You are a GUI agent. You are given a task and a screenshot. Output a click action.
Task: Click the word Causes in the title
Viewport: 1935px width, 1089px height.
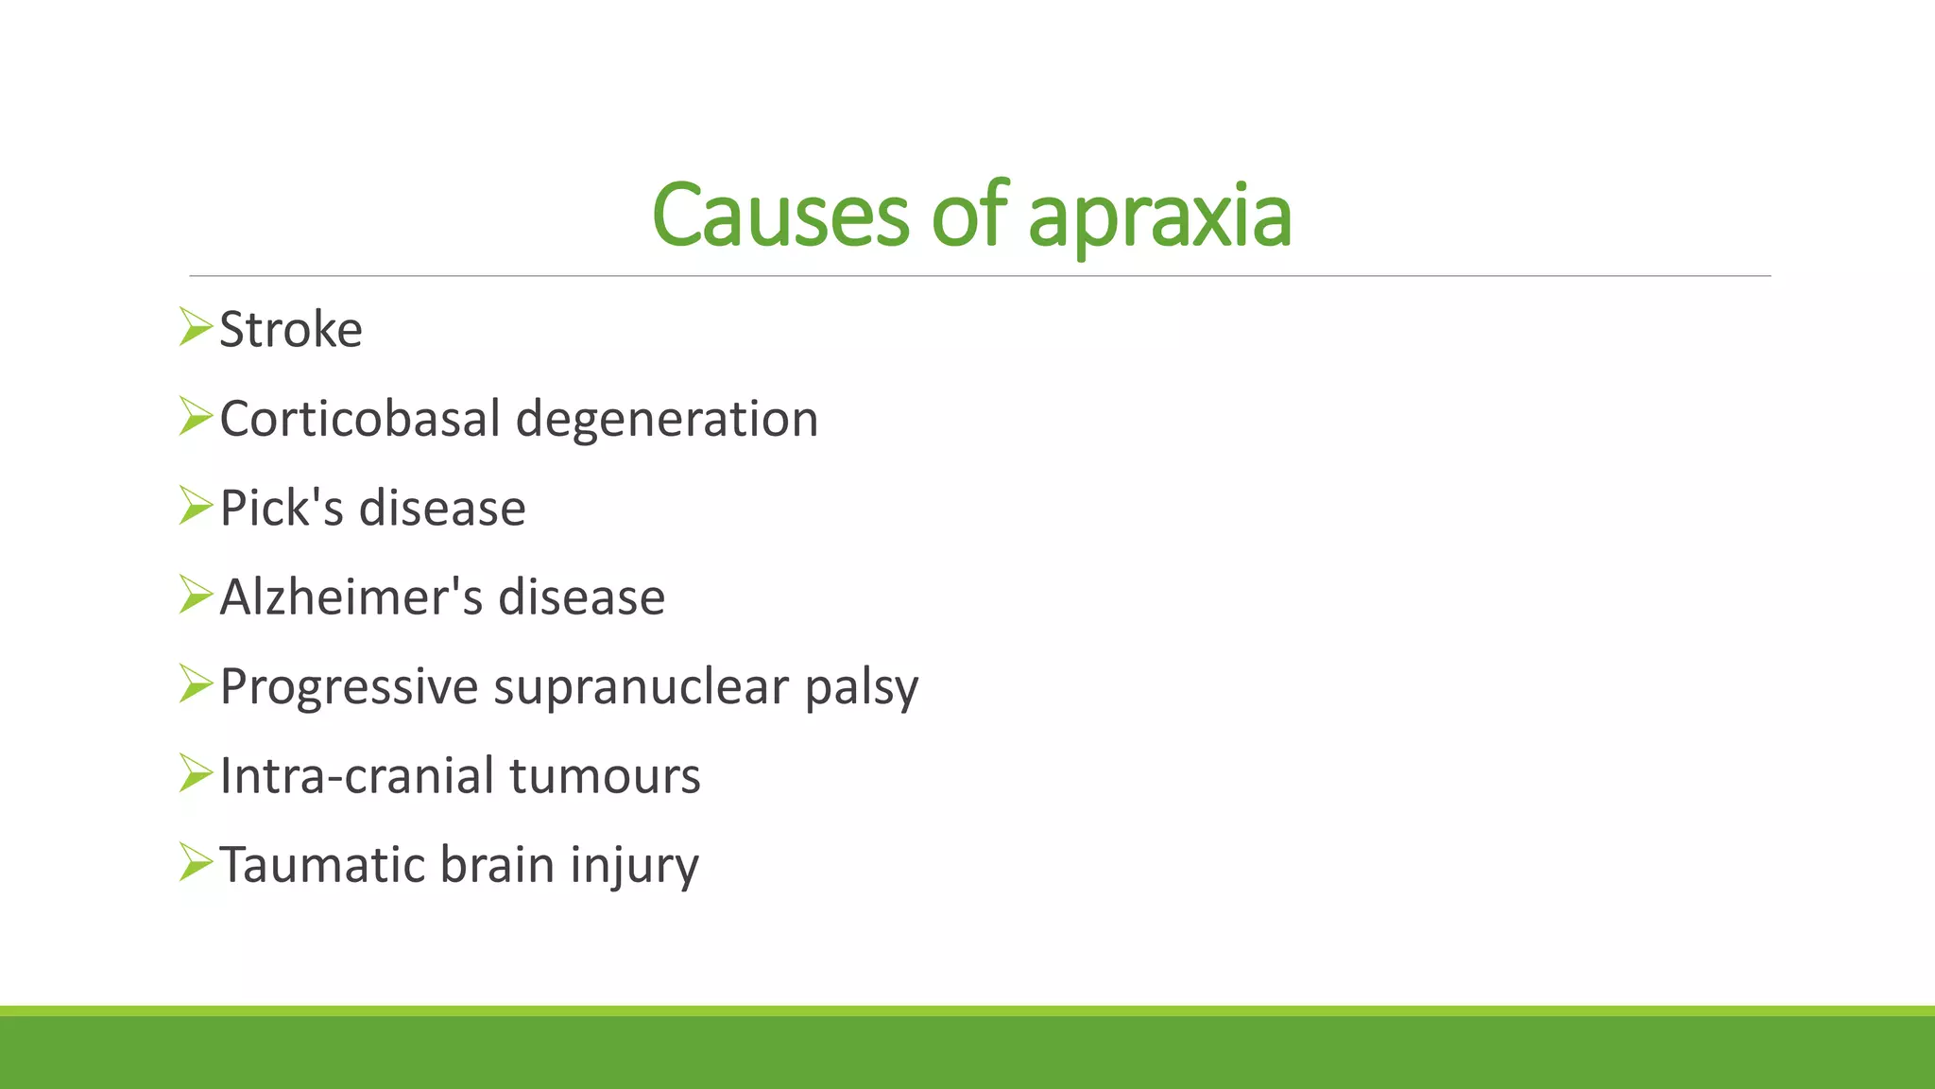[779, 216]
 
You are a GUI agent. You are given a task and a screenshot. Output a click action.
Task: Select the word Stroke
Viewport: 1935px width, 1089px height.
[291, 330]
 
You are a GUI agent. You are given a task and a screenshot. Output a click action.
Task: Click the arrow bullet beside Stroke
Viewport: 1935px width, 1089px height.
[195, 327]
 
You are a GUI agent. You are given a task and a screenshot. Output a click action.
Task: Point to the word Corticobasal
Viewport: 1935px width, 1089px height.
[360, 419]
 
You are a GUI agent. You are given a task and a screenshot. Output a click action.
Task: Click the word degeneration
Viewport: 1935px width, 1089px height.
[667, 419]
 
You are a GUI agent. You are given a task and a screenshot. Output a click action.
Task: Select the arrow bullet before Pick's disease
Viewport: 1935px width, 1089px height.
[195, 506]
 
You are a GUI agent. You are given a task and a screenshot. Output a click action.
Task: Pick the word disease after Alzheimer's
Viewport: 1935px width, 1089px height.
[582, 597]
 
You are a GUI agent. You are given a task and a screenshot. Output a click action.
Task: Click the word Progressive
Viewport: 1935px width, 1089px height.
[349, 686]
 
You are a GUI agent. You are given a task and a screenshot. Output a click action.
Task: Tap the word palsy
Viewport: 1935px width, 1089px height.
[862, 688]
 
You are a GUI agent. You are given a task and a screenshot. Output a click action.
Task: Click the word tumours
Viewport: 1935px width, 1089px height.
[605, 776]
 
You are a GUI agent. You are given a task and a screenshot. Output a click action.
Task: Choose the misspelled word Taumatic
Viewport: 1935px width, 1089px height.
[322, 865]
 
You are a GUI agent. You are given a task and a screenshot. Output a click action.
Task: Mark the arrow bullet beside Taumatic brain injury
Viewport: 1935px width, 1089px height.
[195, 862]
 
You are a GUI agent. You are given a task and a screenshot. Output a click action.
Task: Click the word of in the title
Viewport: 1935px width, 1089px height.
[969, 216]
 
